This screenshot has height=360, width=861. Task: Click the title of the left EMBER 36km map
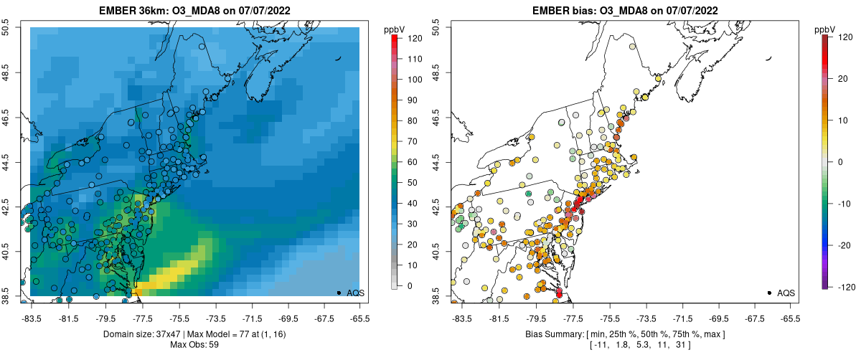[194, 9]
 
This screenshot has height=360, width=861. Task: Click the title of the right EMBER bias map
[624, 9]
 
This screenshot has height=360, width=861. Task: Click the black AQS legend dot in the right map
[769, 293]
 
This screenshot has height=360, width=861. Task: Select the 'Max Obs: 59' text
[194, 345]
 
